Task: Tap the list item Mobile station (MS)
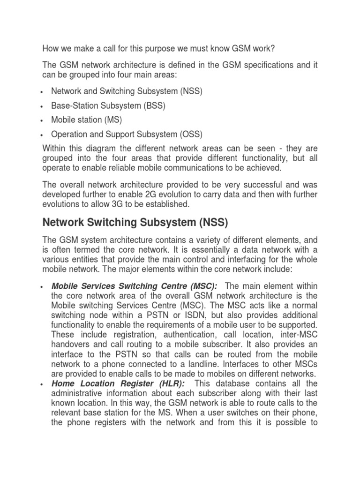click(x=87, y=120)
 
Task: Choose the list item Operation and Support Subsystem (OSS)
click(x=127, y=135)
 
